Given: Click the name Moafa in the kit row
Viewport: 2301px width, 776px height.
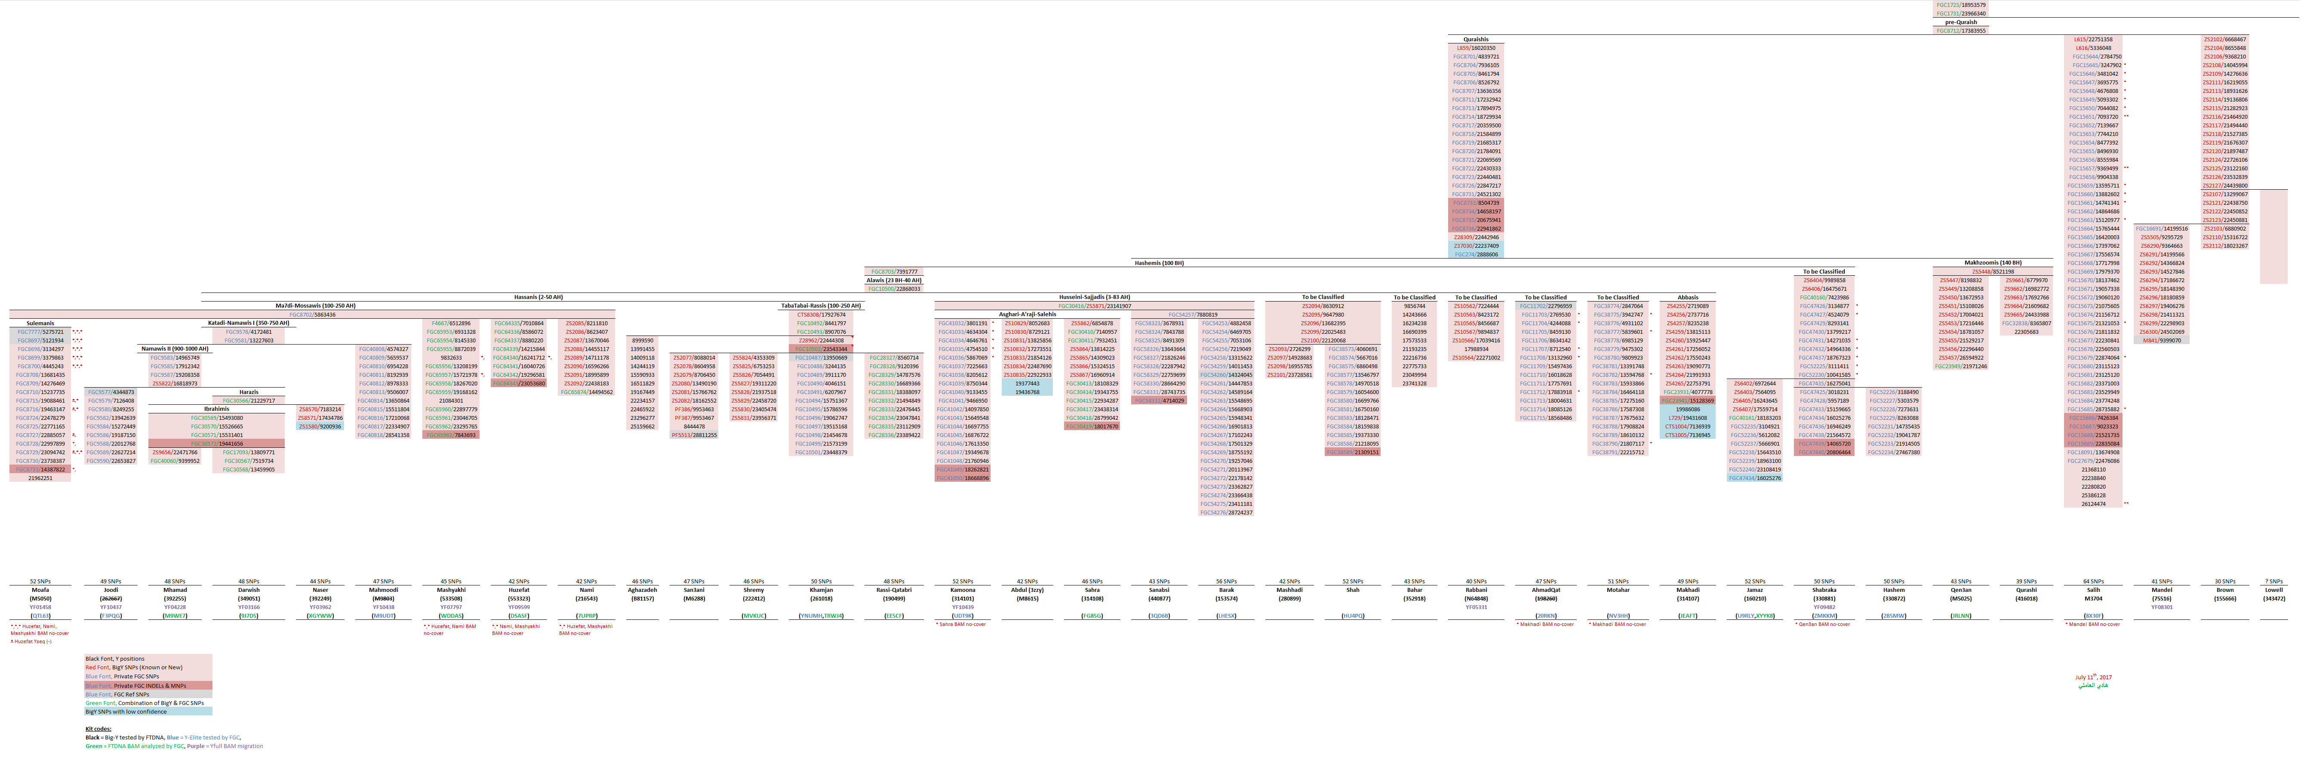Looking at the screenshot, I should coord(40,589).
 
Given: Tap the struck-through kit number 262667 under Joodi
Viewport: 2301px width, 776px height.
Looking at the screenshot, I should coord(111,598).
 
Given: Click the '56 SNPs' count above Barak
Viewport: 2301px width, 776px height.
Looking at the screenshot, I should coord(1227,581).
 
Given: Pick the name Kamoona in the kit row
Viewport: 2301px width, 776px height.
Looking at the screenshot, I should coord(963,589).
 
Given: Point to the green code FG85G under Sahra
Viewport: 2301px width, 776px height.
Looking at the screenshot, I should coord(1092,615).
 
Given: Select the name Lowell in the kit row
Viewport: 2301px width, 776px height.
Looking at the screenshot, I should coord(2273,589).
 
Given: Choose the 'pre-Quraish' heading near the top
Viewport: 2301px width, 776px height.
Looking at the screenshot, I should coord(1961,22).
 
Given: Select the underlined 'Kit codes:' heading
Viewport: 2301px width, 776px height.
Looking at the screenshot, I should coord(98,729).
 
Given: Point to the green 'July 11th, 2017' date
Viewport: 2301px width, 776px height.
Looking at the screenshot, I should coord(2093,677).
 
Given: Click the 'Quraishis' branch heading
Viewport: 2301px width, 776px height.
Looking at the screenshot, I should coord(1476,39).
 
